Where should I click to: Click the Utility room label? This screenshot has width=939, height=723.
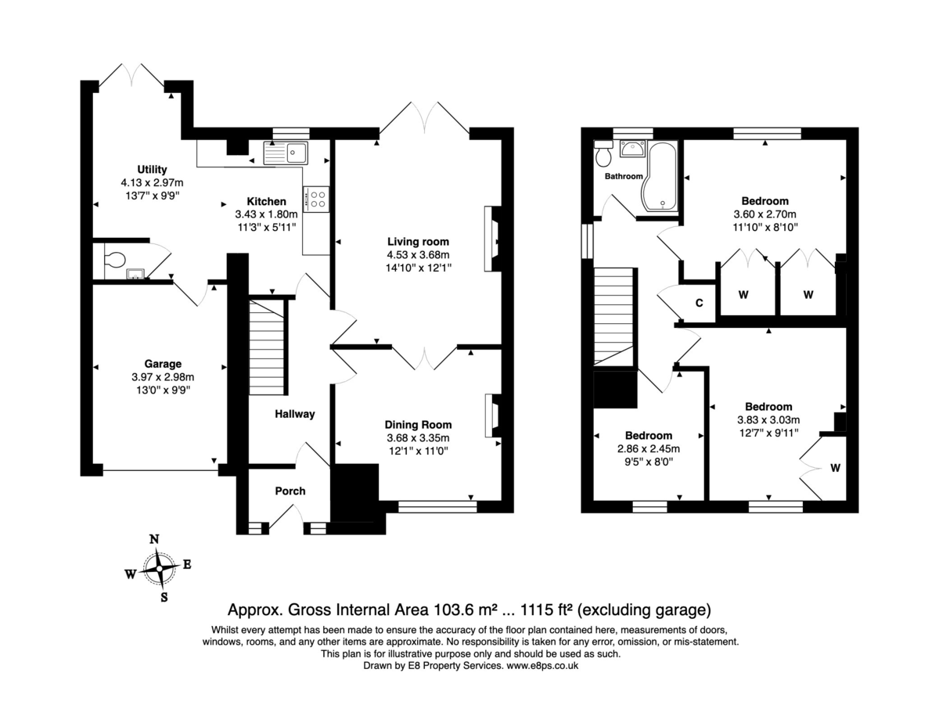point(152,169)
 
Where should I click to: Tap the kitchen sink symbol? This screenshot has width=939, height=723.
point(286,153)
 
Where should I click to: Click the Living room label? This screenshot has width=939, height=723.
point(419,241)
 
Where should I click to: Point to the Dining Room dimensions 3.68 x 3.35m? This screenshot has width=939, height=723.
point(419,438)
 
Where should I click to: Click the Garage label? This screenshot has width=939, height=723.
point(162,364)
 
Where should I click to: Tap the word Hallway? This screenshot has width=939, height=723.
point(294,414)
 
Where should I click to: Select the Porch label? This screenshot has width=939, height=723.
point(290,491)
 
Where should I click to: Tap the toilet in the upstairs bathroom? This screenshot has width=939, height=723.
point(603,156)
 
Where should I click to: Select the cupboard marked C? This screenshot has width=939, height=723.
point(699,303)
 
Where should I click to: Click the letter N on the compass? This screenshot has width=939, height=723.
point(154,539)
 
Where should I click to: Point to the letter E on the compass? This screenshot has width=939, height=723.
point(187,565)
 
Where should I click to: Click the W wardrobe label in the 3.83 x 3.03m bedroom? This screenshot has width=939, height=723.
point(835,468)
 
